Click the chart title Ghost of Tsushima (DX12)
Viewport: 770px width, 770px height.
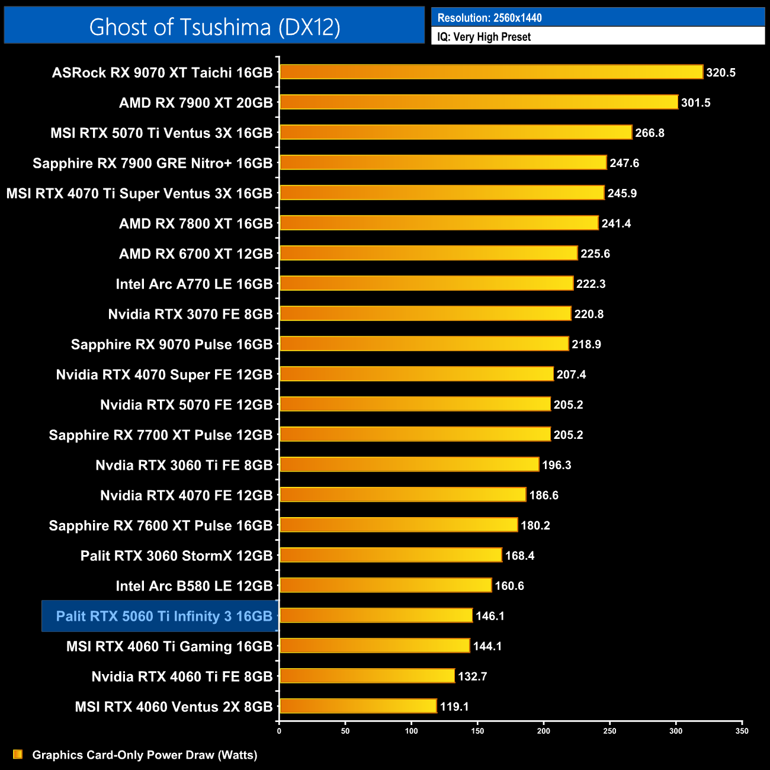click(214, 27)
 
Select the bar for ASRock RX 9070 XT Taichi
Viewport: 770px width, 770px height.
click(491, 72)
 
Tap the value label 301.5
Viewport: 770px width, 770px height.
click(695, 103)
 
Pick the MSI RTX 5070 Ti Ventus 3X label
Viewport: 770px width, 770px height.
click(161, 133)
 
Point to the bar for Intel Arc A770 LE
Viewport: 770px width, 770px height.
click(426, 284)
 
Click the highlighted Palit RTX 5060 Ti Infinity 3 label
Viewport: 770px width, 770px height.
click(164, 617)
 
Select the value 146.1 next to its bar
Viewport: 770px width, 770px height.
click(490, 616)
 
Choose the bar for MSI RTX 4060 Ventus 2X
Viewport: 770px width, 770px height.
click(358, 706)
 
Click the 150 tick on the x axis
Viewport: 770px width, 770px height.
click(477, 731)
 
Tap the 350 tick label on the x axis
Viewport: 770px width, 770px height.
click(742, 731)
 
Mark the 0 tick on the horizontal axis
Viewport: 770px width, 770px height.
click(279, 731)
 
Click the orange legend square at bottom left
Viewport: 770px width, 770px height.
click(18, 754)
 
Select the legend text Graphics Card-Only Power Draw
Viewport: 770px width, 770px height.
click(145, 755)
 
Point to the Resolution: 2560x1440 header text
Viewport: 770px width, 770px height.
click(489, 18)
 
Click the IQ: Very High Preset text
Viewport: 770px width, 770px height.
click(484, 37)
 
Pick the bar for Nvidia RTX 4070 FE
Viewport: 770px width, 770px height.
click(403, 495)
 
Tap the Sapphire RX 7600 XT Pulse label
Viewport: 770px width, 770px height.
click(161, 526)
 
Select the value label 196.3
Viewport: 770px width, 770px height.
click(556, 465)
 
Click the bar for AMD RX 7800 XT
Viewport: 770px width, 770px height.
click(439, 223)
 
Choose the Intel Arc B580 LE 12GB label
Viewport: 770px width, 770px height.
click(194, 586)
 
